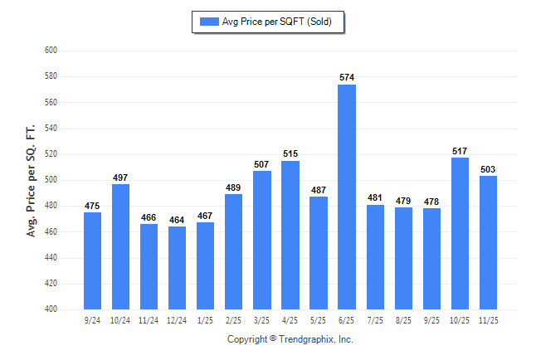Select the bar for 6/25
pos(347,197)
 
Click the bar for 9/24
pos(93,260)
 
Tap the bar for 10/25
pos(460,233)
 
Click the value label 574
pos(347,77)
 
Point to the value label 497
pos(121,177)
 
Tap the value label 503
pos(488,169)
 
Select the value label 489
pos(234,187)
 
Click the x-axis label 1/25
pos(206,319)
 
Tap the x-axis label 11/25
pos(488,319)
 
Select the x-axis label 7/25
pos(375,319)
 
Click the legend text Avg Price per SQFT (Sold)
pos(277,22)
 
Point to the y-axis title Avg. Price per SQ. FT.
pos(32,180)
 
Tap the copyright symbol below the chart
pos(274,339)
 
